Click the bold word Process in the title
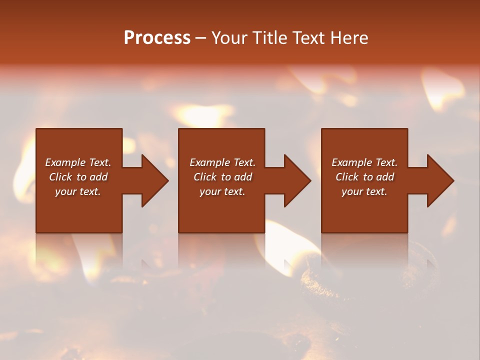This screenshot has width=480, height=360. click(x=157, y=38)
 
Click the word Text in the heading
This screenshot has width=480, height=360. click(x=307, y=38)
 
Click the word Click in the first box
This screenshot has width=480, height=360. click(x=60, y=177)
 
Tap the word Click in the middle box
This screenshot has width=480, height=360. click(x=205, y=177)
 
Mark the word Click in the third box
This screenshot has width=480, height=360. click(x=347, y=177)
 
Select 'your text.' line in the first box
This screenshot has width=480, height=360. click(x=78, y=191)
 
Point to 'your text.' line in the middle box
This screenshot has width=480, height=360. click(x=222, y=191)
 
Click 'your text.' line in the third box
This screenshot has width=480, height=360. click(x=364, y=191)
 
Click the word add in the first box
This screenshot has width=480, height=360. click(x=98, y=177)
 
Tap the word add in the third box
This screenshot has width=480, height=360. click(x=385, y=177)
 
